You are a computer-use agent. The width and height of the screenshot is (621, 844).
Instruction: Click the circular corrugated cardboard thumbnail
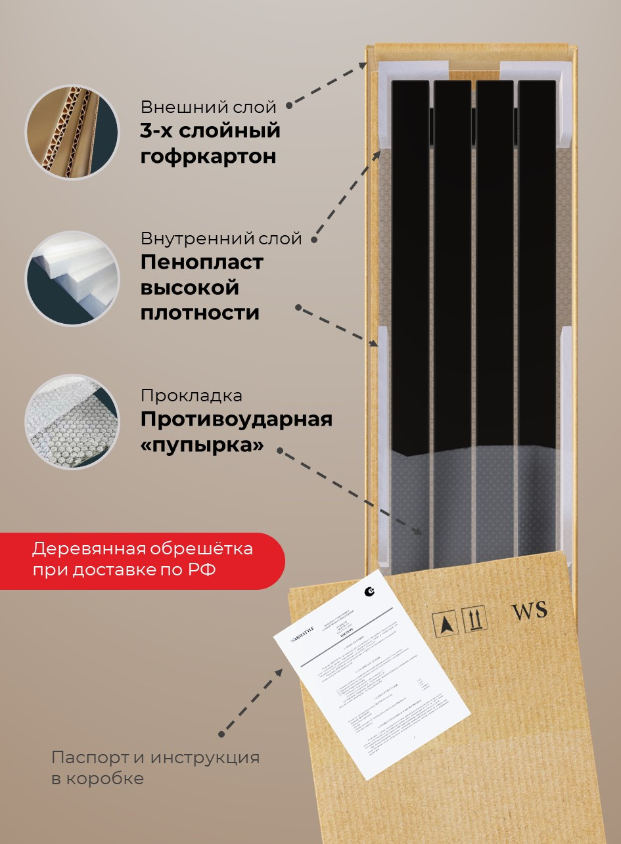coord(72,133)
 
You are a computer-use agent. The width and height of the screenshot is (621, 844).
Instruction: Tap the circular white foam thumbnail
coord(72,278)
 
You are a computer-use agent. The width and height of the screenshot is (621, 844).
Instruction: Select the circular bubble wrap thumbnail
coord(72,422)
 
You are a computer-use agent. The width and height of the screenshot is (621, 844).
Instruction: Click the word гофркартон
coord(208,157)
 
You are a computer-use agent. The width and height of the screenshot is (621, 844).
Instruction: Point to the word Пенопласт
coord(202,262)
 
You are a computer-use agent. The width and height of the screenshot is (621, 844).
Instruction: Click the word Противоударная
coord(237,419)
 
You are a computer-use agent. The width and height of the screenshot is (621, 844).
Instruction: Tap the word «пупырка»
coord(202,445)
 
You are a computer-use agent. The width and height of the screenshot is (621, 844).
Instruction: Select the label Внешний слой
coord(208,107)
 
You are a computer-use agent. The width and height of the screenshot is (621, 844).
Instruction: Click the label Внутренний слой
coord(221,238)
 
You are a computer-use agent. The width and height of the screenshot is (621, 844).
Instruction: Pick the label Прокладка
coord(191,396)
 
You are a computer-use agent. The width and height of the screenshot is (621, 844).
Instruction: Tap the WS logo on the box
coord(529,610)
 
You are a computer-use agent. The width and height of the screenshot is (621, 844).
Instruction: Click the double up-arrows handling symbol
coord(475,619)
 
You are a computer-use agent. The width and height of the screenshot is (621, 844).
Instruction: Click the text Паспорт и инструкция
coord(155,757)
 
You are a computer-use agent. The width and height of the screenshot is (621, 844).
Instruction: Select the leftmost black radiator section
coord(410,263)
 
